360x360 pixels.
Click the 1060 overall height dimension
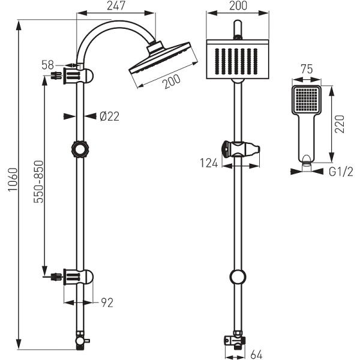[x=13, y=179]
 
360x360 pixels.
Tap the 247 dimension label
[x=116, y=5]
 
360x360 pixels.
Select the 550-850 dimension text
[x=38, y=182]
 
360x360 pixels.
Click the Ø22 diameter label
[x=110, y=116]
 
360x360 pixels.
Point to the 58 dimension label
[x=48, y=65]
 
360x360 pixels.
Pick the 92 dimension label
[x=107, y=303]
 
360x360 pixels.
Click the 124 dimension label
[x=209, y=163]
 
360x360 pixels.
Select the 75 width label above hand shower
[x=307, y=69]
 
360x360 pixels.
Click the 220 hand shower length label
[x=340, y=124]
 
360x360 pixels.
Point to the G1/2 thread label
[x=341, y=172]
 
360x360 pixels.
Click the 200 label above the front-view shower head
[x=238, y=5]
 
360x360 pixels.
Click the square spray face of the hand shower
[x=307, y=99]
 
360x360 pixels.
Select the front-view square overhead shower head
[x=238, y=59]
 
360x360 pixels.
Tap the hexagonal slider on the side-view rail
[x=80, y=149]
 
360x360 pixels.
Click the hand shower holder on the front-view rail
[x=241, y=149]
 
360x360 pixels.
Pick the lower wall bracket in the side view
[x=78, y=277]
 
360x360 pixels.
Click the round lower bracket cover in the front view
[x=238, y=277]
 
